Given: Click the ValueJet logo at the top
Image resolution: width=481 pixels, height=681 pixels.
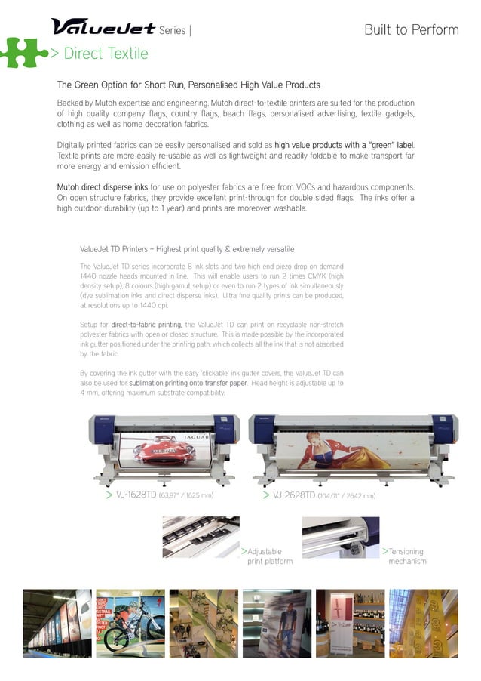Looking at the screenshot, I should (x=103, y=27).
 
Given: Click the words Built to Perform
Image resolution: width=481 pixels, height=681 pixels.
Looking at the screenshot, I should (x=411, y=30).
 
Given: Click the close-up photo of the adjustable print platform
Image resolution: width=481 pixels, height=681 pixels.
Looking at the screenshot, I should (x=201, y=537).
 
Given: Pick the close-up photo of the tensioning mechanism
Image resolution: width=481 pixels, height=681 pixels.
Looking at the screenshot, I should (x=341, y=537).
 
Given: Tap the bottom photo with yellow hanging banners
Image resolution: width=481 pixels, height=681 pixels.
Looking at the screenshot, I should (x=423, y=620).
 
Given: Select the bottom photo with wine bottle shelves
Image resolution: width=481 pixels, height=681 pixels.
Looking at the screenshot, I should (x=349, y=620).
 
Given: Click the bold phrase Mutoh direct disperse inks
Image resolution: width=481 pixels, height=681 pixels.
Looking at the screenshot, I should (x=103, y=186).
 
